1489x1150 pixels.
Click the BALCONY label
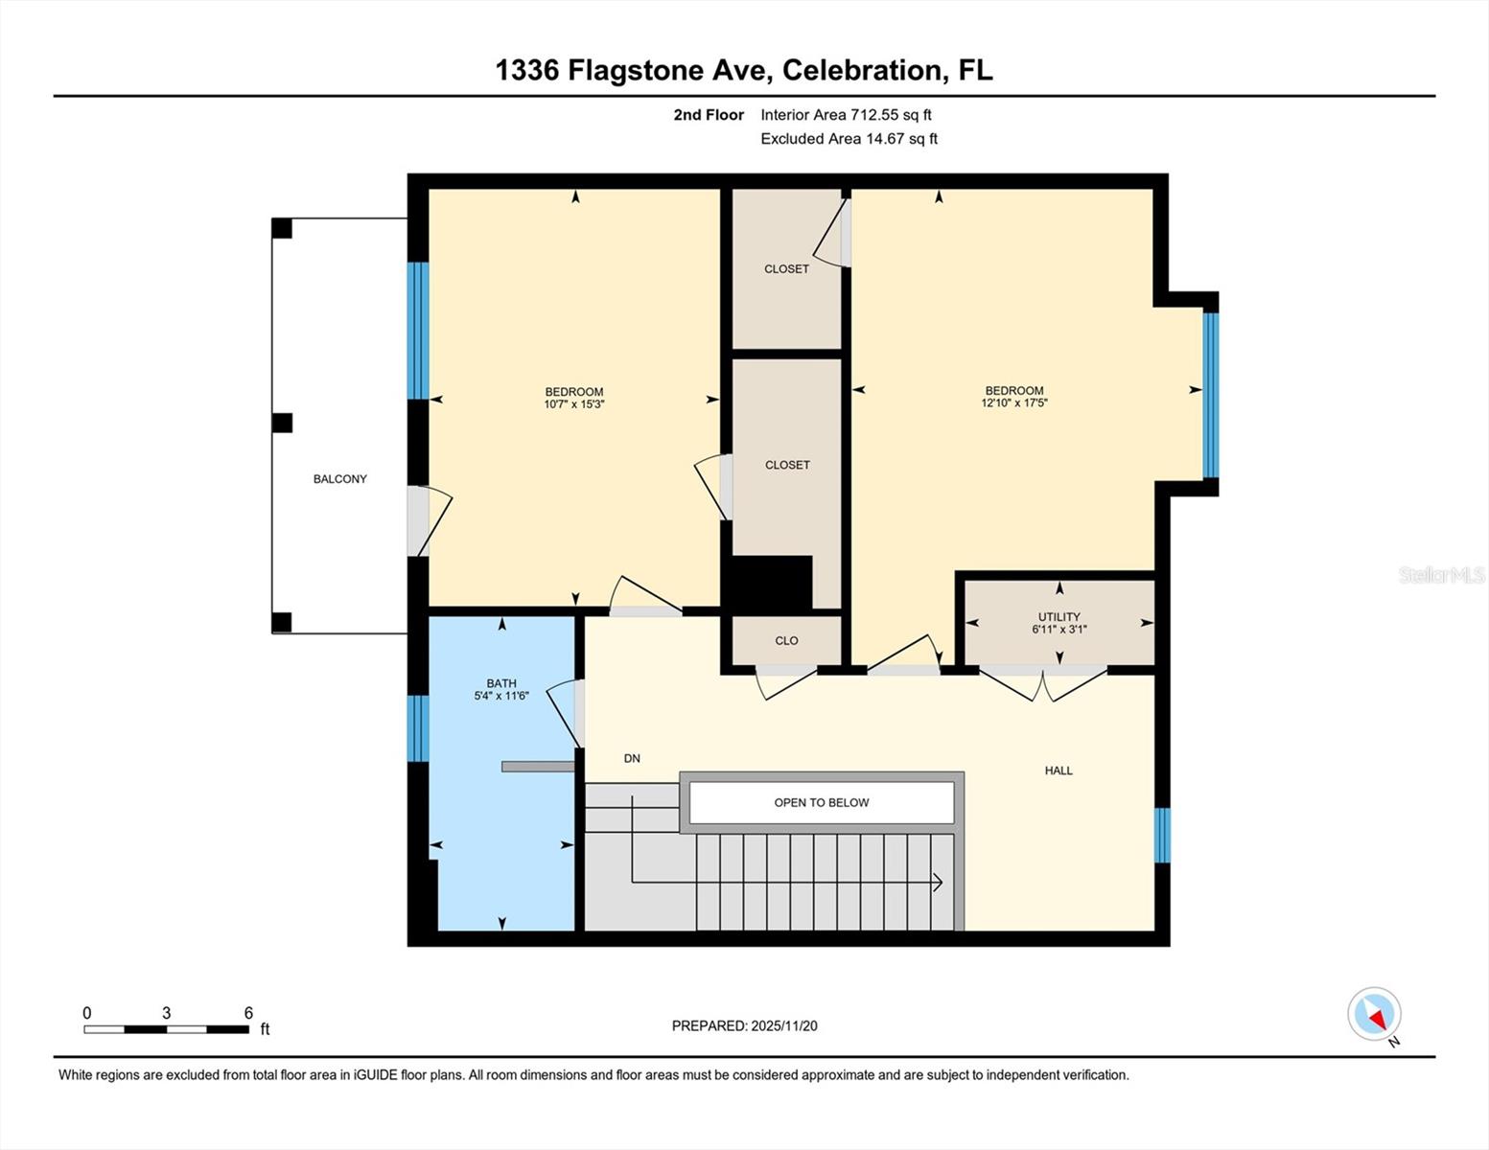(x=339, y=479)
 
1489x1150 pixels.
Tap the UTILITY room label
(x=1059, y=617)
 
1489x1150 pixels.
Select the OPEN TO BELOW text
(x=821, y=803)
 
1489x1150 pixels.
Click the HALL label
(x=1059, y=770)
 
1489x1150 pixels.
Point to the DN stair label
(x=632, y=758)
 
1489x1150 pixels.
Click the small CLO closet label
(x=786, y=641)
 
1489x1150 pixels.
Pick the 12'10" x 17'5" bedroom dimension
(x=1014, y=403)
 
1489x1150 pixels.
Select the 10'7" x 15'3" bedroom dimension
(x=573, y=404)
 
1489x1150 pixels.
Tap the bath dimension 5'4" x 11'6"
(x=501, y=696)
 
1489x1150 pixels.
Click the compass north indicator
(x=1375, y=1014)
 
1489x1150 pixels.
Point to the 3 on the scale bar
(x=167, y=1013)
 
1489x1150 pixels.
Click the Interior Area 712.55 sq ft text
(x=846, y=115)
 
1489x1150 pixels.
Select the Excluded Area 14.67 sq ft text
(x=849, y=139)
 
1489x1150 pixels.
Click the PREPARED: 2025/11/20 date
(x=744, y=1025)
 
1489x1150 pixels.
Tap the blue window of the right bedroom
(x=1210, y=395)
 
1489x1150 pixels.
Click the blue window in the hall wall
(x=1162, y=835)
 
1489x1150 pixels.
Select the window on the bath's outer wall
(x=418, y=728)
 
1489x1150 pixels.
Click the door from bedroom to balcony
(x=419, y=521)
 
